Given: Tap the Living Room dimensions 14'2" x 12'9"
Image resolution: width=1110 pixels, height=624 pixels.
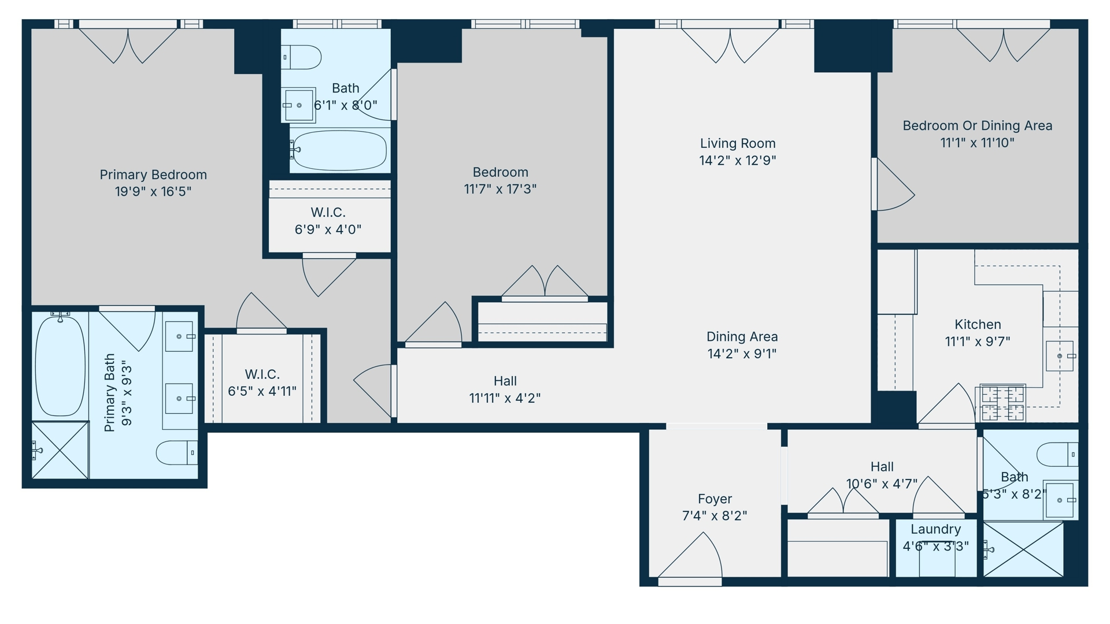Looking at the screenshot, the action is (738, 160).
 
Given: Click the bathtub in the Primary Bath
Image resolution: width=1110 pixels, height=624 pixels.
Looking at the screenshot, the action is (60, 365).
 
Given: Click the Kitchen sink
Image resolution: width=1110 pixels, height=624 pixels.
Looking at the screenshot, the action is (1060, 356).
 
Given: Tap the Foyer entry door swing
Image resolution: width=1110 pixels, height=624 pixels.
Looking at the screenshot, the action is (690, 555).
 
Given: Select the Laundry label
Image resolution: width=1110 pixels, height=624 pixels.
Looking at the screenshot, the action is (936, 529).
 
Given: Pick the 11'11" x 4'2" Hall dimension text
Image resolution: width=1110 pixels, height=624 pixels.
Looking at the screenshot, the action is (505, 398).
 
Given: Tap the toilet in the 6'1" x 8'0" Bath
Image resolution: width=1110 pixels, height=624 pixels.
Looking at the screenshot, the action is (301, 57).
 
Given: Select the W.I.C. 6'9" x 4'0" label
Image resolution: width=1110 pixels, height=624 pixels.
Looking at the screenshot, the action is (328, 221).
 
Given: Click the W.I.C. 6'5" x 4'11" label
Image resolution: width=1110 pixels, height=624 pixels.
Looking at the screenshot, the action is (262, 382).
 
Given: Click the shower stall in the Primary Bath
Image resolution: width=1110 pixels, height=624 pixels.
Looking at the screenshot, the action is (60, 450).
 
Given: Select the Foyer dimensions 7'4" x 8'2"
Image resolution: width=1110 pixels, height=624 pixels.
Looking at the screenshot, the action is (715, 515).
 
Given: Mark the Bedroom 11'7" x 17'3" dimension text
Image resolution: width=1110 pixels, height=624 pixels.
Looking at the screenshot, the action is (500, 189).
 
